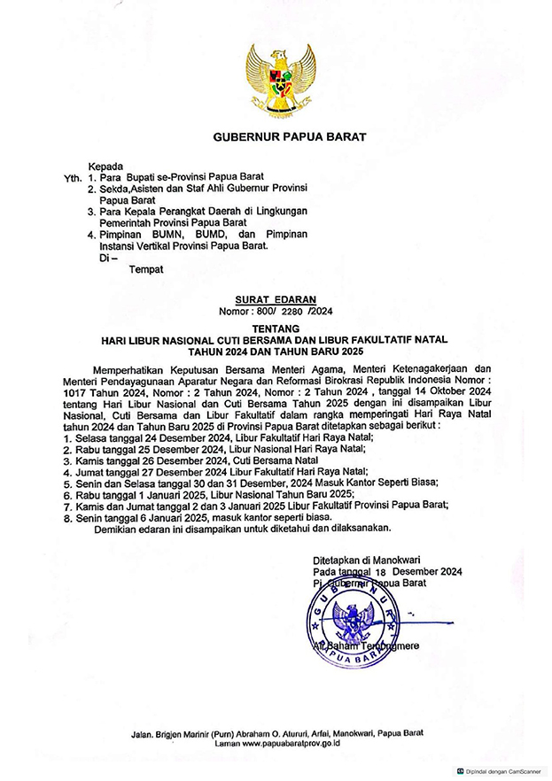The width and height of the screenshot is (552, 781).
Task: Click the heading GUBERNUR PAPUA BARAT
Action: [x=276, y=138]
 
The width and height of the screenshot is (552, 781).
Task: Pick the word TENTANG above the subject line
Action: [x=276, y=329]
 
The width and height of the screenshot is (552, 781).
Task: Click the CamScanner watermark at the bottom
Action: [x=502, y=771]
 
